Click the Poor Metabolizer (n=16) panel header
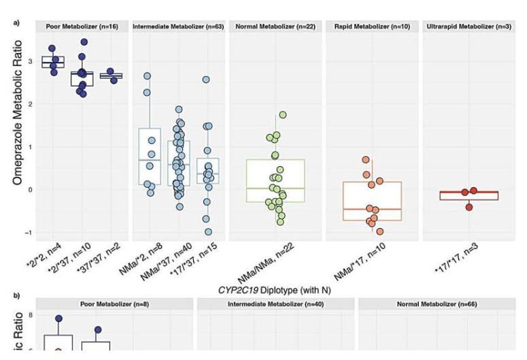(82, 27)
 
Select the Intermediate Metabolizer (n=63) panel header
(178, 27)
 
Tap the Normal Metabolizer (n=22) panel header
(275, 27)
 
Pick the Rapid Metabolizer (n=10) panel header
(372, 27)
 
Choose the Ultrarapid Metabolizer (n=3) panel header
(469, 27)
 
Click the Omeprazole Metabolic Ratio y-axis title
(19, 113)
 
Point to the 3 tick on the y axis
(29, 62)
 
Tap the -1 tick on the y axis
(28, 233)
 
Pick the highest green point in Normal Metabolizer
(283, 115)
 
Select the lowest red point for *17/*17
(469, 207)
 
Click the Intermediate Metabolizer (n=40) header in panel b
(275, 304)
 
